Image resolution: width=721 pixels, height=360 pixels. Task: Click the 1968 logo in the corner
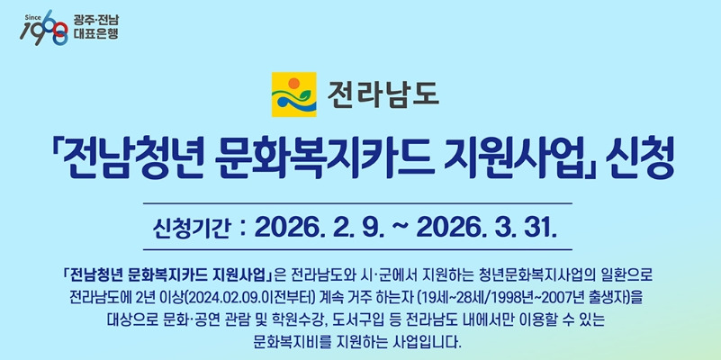44,27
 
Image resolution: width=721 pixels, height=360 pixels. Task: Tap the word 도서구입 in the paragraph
401,319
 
